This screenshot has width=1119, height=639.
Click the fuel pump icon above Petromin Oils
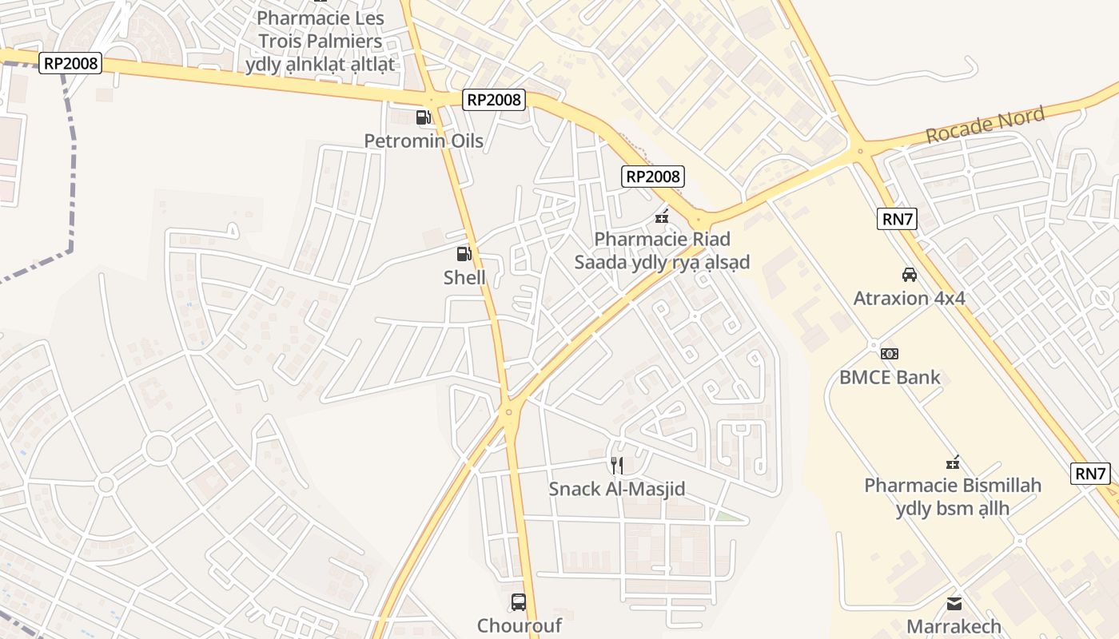tap(423, 117)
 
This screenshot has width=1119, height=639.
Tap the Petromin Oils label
tap(424, 141)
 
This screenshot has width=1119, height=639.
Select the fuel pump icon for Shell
tap(464, 254)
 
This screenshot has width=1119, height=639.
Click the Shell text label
tap(464, 278)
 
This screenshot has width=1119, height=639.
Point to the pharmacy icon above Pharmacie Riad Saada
tap(662, 216)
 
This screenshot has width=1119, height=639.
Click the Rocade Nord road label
tap(985, 125)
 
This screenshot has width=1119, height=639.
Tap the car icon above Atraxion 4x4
tap(910, 275)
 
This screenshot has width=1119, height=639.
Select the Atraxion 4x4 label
tap(910, 299)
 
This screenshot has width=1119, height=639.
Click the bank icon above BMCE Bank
tap(890, 353)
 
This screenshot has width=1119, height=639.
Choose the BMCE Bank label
tap(890, 377)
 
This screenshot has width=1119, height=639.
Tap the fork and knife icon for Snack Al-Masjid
tap(616, 465)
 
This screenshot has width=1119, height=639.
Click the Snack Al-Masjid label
tap(617, 489)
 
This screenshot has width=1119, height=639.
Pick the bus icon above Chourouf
tap(519, 601)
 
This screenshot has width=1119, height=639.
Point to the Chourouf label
tap(520, 625)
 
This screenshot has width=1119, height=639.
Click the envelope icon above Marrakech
tap(954, 603)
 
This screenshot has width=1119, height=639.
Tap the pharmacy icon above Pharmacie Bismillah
tap(953, 462)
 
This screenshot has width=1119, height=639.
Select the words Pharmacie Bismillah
tap(953, 485)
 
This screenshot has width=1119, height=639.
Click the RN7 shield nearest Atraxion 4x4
tap(897, 220)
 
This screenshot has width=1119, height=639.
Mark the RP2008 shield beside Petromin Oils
tap(495, 100)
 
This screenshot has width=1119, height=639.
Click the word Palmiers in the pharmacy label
tap(339, 41)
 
